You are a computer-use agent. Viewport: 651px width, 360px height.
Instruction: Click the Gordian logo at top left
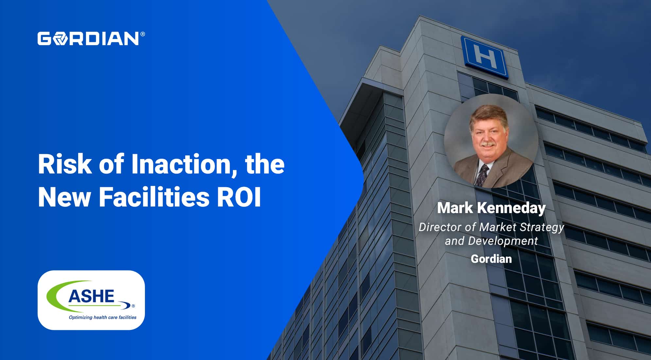pyautogui.click(x=89, y=38)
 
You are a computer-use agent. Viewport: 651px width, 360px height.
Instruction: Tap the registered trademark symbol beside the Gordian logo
pyautogui.click(x=143, y=34)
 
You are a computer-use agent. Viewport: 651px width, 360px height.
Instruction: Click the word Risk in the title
pyautogui.click(x=65, y=164)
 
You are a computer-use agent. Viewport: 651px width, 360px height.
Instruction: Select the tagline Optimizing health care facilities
pyautogui.click(x=102, y=317)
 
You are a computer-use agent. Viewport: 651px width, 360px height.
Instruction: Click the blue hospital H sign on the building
pyautogui.click(x=485, y=57)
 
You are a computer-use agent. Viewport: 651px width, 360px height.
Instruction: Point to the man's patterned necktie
pyautogui.click(x=482, y=175)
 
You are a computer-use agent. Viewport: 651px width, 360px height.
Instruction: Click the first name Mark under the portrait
pyautogui.click(x=455, y=208)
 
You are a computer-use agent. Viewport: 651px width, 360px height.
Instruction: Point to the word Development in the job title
pyautogui.click(x=503, y=241)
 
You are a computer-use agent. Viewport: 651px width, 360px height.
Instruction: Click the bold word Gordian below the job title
pyautogui.click(x=491, y=259)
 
